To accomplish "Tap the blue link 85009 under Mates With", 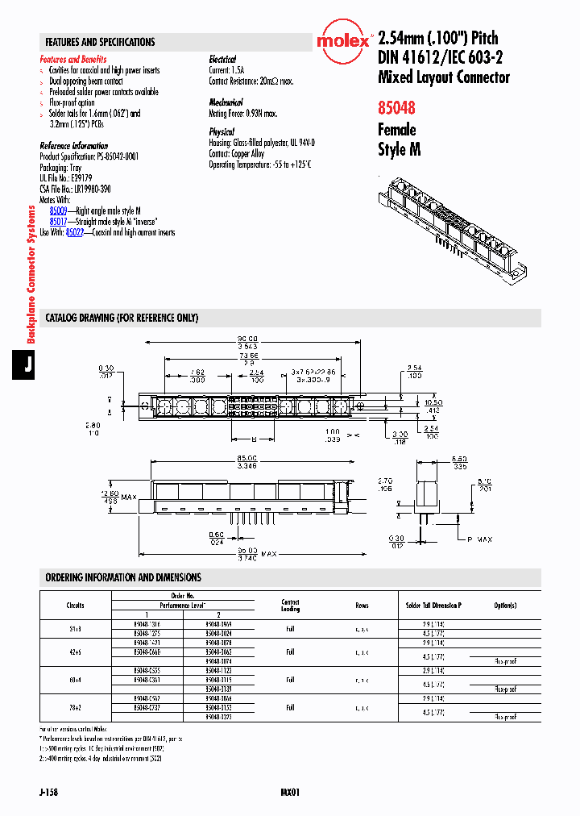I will click(58, 209).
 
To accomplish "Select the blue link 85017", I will click(58, 220).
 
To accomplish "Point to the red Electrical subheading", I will click(222, 59).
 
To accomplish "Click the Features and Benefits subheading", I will click(73, 59).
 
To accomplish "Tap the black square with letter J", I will click(27, 364).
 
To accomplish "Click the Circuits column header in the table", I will click(76, 605).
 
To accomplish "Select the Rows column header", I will click(362, 605).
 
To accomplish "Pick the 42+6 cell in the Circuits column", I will click(76, 651).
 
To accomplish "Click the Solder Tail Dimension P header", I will click(433, 605).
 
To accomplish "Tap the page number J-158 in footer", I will click(48, 793).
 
